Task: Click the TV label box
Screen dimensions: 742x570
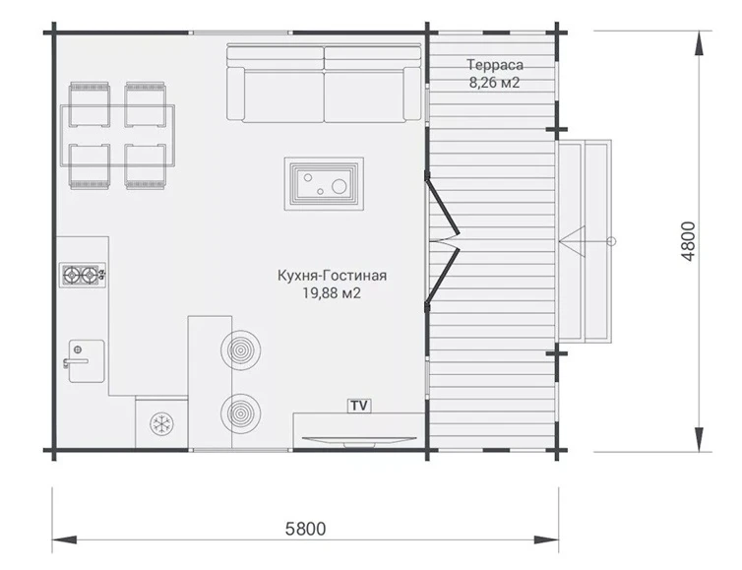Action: (359, 406)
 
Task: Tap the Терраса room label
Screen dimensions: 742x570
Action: (495, 64)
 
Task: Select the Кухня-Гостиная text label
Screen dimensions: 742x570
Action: (332, 275)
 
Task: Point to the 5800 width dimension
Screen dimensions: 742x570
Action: (306, 529)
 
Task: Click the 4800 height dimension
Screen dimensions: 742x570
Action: (689, 241)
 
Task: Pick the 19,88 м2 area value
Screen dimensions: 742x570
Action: (332, 293)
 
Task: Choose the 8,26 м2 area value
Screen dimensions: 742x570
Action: (495, 83)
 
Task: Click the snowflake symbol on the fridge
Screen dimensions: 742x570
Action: (161, 423)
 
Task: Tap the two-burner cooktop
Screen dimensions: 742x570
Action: (83, 275)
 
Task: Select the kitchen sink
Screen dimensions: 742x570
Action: (87, 360)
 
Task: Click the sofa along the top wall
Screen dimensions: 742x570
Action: (324, 83)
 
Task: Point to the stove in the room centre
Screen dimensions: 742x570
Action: (324, 184)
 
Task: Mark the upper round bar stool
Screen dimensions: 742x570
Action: (240, 349)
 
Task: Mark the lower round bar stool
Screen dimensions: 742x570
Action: (240, 413)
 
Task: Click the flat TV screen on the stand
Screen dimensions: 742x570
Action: (356, 440)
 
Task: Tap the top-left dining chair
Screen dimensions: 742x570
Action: (90, 104)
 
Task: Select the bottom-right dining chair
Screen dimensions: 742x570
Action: (146, 166)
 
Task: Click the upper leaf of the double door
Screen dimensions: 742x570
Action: (442, 205)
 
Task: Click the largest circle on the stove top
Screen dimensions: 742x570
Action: (340, 186)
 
